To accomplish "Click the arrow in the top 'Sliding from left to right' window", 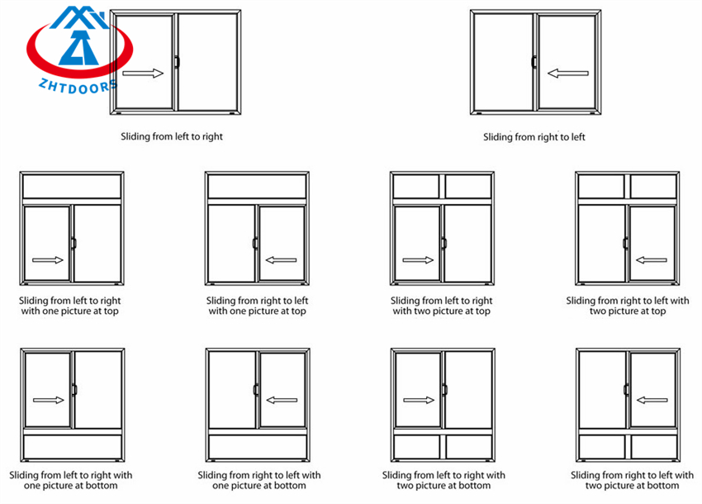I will tap(143, 74).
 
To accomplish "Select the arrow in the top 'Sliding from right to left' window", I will tap(567, 74).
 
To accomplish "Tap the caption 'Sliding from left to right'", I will tap(172, 136).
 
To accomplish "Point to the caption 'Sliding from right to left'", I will tap(534, 137).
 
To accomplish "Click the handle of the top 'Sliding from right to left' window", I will tap(534, 62).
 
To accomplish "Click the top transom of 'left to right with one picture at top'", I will tap(72, 187).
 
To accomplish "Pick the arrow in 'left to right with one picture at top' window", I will tap(48, 260).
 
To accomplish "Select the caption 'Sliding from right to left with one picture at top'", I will tap(257, 306).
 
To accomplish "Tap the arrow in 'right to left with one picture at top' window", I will tap(282, 260).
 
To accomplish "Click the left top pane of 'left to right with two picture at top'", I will tap(417, 187).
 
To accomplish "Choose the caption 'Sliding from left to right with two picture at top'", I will tap(442, 306).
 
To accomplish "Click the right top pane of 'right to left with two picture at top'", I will tap(653, 187).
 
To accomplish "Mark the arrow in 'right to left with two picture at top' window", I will tap(652, 260).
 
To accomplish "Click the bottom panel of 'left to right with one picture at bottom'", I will tap(72, 447).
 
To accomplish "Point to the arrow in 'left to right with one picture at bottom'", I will tap(48, 400).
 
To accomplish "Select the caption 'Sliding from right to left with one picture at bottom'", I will tap(259, 480).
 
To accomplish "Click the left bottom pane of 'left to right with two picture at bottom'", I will tap(417, 447).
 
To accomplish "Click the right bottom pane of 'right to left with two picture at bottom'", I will tap(653, 447).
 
